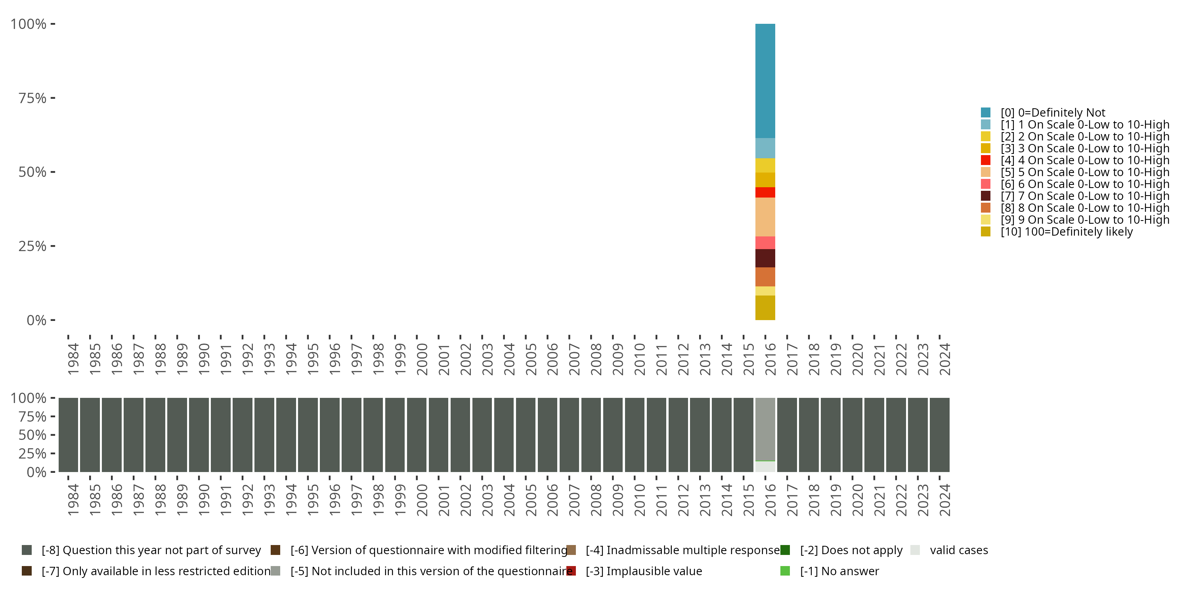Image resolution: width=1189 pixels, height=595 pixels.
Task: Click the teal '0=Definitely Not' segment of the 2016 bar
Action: [765, 81]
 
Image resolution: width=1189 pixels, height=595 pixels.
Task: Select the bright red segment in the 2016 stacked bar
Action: [765, 192]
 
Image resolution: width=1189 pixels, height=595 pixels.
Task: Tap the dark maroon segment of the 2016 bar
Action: [765, 258]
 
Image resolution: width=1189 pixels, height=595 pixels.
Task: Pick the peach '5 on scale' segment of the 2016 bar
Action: [765, 217]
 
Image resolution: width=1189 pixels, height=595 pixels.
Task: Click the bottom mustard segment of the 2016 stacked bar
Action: [765, 308]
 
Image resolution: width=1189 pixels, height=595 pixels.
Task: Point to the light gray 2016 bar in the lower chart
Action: [765, 429]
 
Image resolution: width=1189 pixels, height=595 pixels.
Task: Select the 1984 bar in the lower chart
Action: [68, 435]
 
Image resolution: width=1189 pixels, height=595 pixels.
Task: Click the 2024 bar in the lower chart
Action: [939, 435]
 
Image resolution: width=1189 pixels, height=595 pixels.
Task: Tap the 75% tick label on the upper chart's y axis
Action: [32, 98]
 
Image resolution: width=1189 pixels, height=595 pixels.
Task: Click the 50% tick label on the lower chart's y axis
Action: [32, 435]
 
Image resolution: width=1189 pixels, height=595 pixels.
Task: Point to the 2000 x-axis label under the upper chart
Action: [422, 359]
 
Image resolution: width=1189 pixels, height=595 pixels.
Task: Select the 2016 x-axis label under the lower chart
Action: [770, 500]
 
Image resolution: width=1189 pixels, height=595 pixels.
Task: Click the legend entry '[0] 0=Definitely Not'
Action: [1052, 113]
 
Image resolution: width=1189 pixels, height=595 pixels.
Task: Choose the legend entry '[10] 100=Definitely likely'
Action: [1066, 232]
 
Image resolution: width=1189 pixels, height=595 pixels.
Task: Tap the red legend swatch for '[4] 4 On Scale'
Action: [985, 160]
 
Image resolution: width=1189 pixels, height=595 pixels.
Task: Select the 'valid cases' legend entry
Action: [959, 550]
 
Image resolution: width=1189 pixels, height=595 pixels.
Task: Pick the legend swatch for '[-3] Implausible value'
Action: [571, 571]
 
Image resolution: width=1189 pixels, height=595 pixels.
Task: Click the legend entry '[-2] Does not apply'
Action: [851, 550]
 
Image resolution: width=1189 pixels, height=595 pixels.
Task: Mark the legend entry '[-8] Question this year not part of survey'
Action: [151, 550]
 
